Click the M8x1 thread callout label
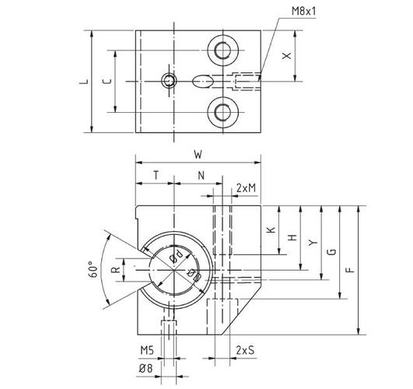pyautogui.click(x=306, y=11)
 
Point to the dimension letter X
pyautogui.click(x=287, y=56)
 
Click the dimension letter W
pyautogui.click(x=199, y=154)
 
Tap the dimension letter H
pyautogui.click(x=292, y=237)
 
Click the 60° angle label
pyautogui.click(x=95, y=269)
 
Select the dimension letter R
pyautogui.click(x=114, y=270)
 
